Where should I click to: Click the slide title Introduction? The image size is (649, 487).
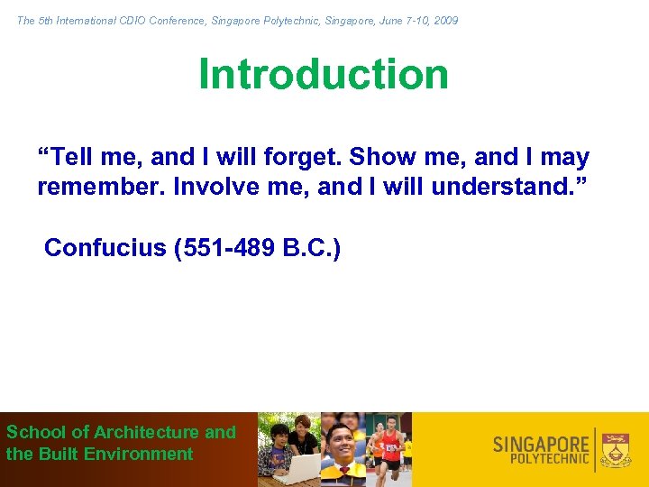tap(324, 74)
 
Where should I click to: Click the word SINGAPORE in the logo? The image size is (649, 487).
tap(541, 444)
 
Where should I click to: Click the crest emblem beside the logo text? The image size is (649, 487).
tap(617, 449)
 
